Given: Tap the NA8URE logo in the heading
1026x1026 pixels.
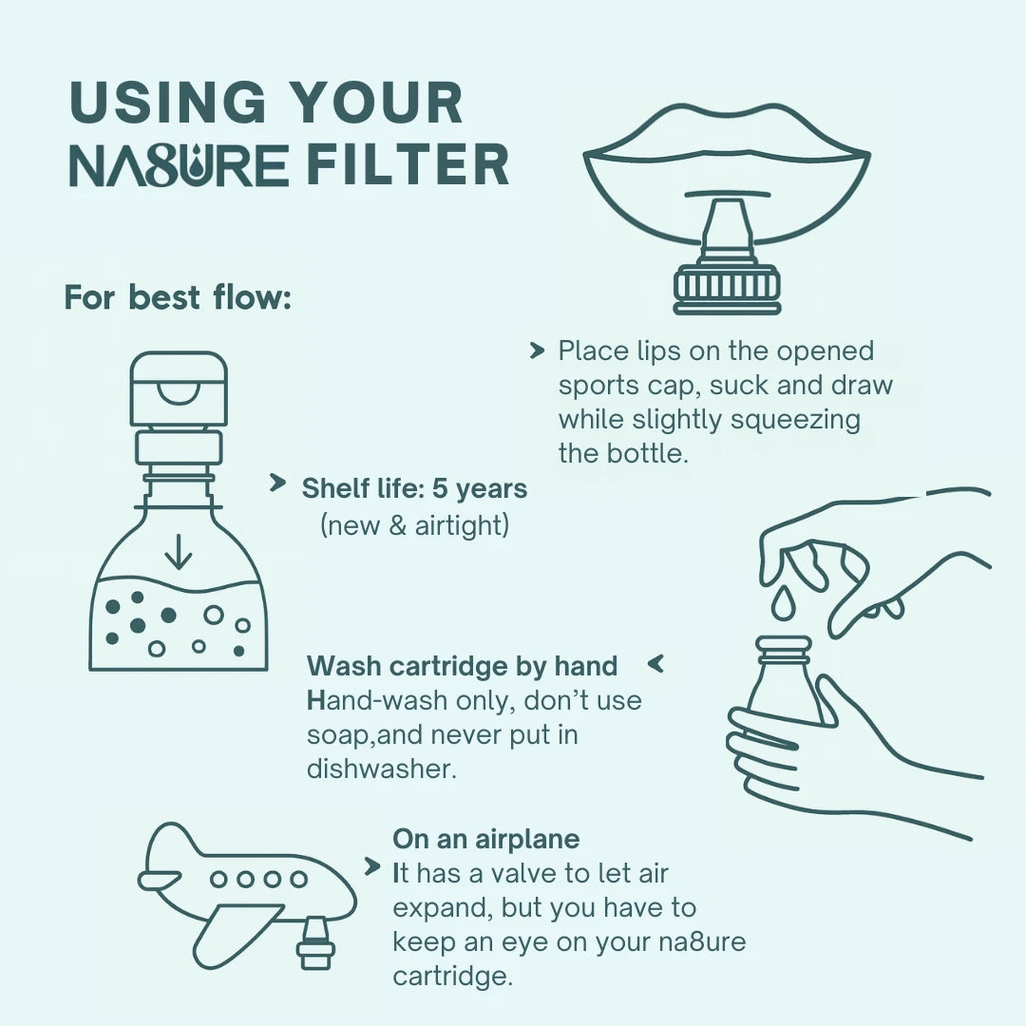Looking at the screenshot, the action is tap(179, 165).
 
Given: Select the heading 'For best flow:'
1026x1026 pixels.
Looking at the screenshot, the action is tap(178, 297).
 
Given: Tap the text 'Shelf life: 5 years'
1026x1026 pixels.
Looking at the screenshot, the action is tap(414, 488).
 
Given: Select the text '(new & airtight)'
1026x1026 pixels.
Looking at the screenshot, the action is tap(414, 524).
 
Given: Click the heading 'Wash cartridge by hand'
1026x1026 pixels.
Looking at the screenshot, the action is tap(462, 666).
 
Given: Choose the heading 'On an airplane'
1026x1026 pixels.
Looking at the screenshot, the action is tap(486, 839).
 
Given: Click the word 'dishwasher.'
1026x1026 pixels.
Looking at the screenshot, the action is tap(382, 769).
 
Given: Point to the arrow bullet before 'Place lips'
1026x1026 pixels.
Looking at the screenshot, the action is tap(537, 351).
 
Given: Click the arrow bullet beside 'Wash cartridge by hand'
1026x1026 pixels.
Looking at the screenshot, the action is tap(655, 664).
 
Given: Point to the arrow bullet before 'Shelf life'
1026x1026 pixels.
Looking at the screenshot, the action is tap(278, 483).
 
